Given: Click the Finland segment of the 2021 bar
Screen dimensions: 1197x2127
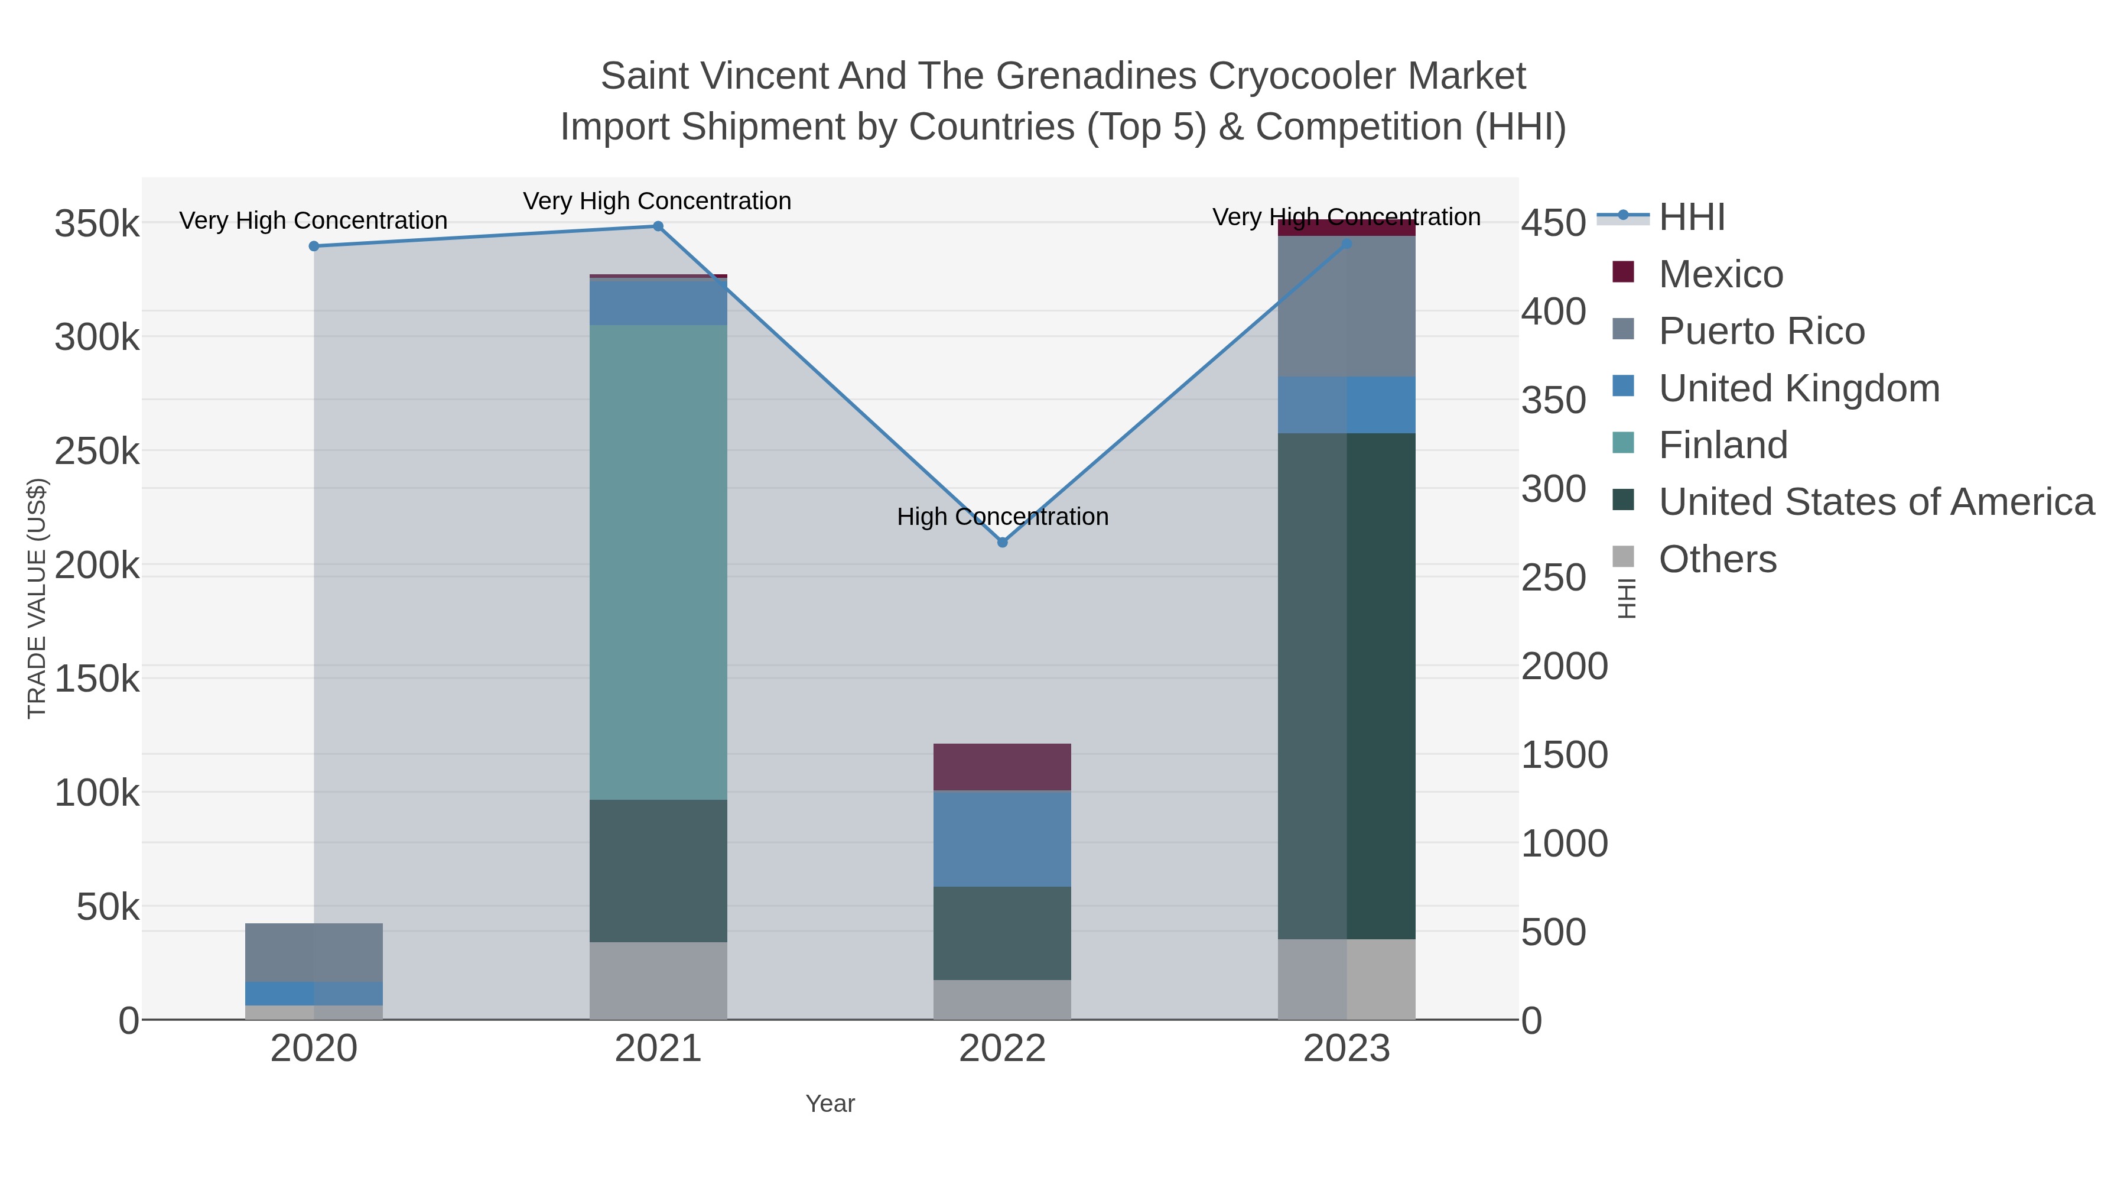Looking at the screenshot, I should click(658, 562).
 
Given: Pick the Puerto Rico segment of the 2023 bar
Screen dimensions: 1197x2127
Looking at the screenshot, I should click(1346, 306).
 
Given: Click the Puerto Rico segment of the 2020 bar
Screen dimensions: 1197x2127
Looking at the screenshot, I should click(314, 952).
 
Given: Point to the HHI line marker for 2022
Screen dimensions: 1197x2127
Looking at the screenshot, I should click(1003, 543).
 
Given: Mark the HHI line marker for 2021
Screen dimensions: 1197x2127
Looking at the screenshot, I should click(658, 226).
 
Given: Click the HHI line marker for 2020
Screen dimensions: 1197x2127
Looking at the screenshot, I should click(314, 246).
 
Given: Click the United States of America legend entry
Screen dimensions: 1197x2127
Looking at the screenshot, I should click(1876, 502).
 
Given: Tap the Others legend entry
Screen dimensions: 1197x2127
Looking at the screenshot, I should click(1718, 559).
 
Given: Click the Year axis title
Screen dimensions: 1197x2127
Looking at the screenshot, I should click(830, 1104).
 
